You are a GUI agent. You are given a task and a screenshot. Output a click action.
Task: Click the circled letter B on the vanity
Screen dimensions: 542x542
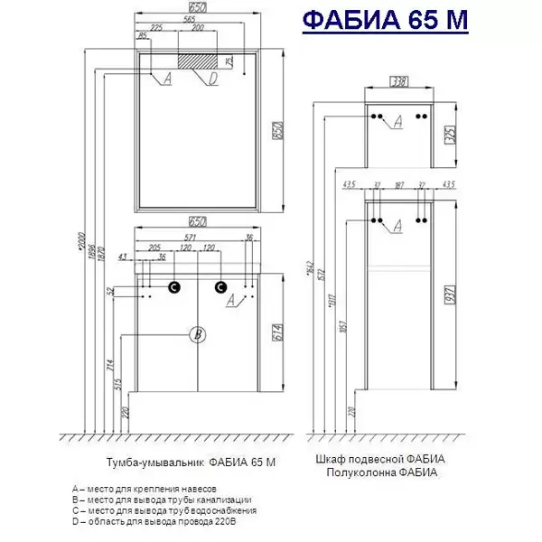click(x=198, y=335)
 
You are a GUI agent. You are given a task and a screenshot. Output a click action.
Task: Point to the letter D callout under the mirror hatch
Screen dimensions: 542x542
click(x=213, y=79)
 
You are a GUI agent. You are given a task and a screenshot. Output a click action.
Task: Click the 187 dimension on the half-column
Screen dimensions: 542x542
click(x=399, y=186)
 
